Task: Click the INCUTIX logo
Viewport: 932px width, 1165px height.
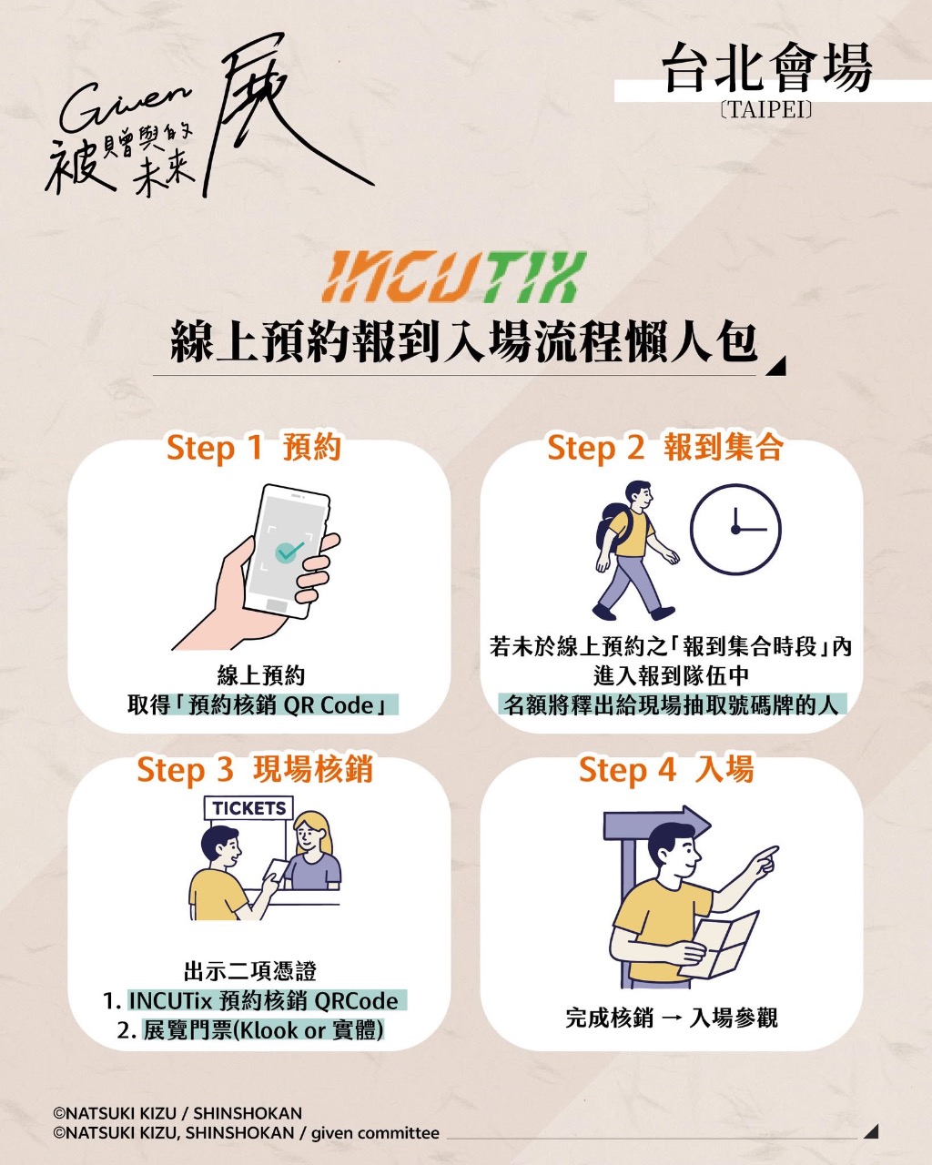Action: pyautogui.click(x=454, y=277)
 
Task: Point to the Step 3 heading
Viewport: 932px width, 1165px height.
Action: pyautogui.click(x=255, y=769)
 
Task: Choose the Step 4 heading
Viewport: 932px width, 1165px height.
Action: pyautogui.click(x=666, y=769)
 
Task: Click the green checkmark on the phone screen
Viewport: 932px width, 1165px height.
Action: pyautogui.click(x=289, y=552)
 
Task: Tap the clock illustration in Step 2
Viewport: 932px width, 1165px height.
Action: pyautogui.click(x=735, y=529)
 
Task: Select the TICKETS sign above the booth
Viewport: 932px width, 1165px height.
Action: pyautogui.click(x=248, y=808)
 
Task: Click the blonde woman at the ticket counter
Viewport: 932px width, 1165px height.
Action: pyautogui.click(x=312, y=851)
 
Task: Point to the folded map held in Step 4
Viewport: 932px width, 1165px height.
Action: pyautogui.click(x=719, y=944)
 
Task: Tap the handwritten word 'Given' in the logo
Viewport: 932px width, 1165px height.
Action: pyautogui.click(x=126, y=108)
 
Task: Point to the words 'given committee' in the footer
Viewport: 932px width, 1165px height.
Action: pyautogui.click(x=375, y=1132)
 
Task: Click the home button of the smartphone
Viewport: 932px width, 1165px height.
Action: pyautogui.click(x=277, y=605)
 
